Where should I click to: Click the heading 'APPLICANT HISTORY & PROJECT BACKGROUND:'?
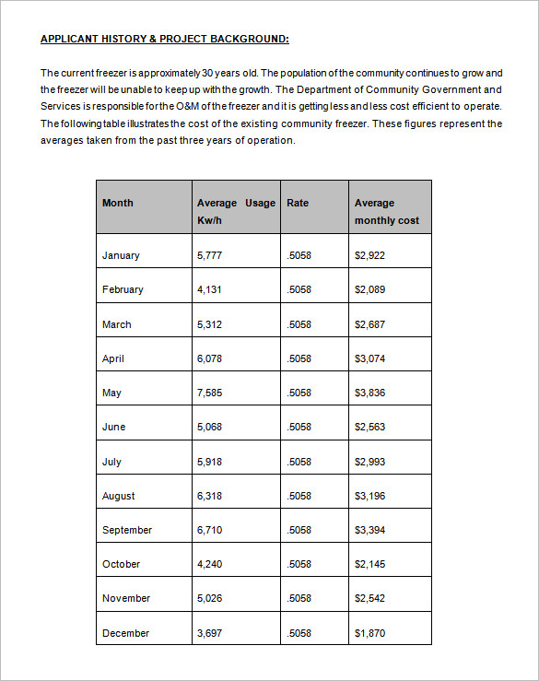coord(165,39)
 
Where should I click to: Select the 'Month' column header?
coord(118,203)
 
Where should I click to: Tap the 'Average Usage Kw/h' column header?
coord(236,211)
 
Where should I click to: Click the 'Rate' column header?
coord(298,203)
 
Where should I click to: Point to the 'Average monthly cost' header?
coord(387,211)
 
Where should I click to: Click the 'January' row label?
coord(121,255)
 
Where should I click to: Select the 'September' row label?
coord(127,530)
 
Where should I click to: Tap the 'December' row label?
coord(126,633)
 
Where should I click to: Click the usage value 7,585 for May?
coord(210,393)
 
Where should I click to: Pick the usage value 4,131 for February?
coord(210,289)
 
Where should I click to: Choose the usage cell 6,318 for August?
coord(210,496)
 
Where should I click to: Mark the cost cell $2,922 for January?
coord(369,255)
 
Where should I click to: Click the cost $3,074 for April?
coord(369,358)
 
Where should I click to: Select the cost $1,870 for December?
coord(369,633)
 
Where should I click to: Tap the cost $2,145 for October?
coord(369,564)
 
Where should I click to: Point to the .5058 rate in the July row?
coord(299,462)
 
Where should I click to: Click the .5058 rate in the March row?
coord(299,324)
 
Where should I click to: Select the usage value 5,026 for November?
coord(210,598)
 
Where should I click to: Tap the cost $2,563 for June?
coord(369,427)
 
